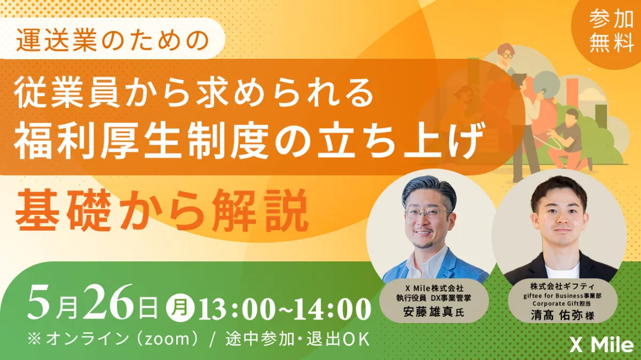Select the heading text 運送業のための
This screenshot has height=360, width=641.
pyautogui.click(x=113, y=40)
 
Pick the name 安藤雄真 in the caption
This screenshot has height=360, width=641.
pyautogui.click(x=428, y=311)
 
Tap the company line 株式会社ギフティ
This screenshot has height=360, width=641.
pyautogui.click(x=562, y=286)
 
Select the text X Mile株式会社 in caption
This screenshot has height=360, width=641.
pyautogui.click(x=434, y=287)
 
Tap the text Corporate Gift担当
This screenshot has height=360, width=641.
pyautogui.click(x=562, y=303)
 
